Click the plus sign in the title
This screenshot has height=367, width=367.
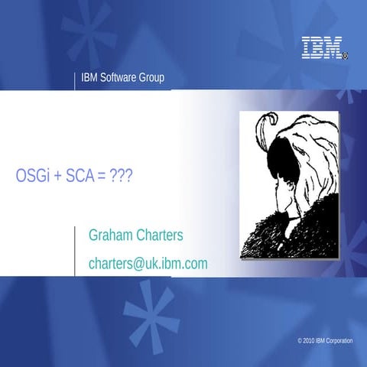(x=57, y=175)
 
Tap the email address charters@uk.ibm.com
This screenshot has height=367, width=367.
(x=148, y=264)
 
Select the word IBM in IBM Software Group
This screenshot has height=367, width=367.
(x=89, y=77)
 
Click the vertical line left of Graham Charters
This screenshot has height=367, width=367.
(x=76, y=249)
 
